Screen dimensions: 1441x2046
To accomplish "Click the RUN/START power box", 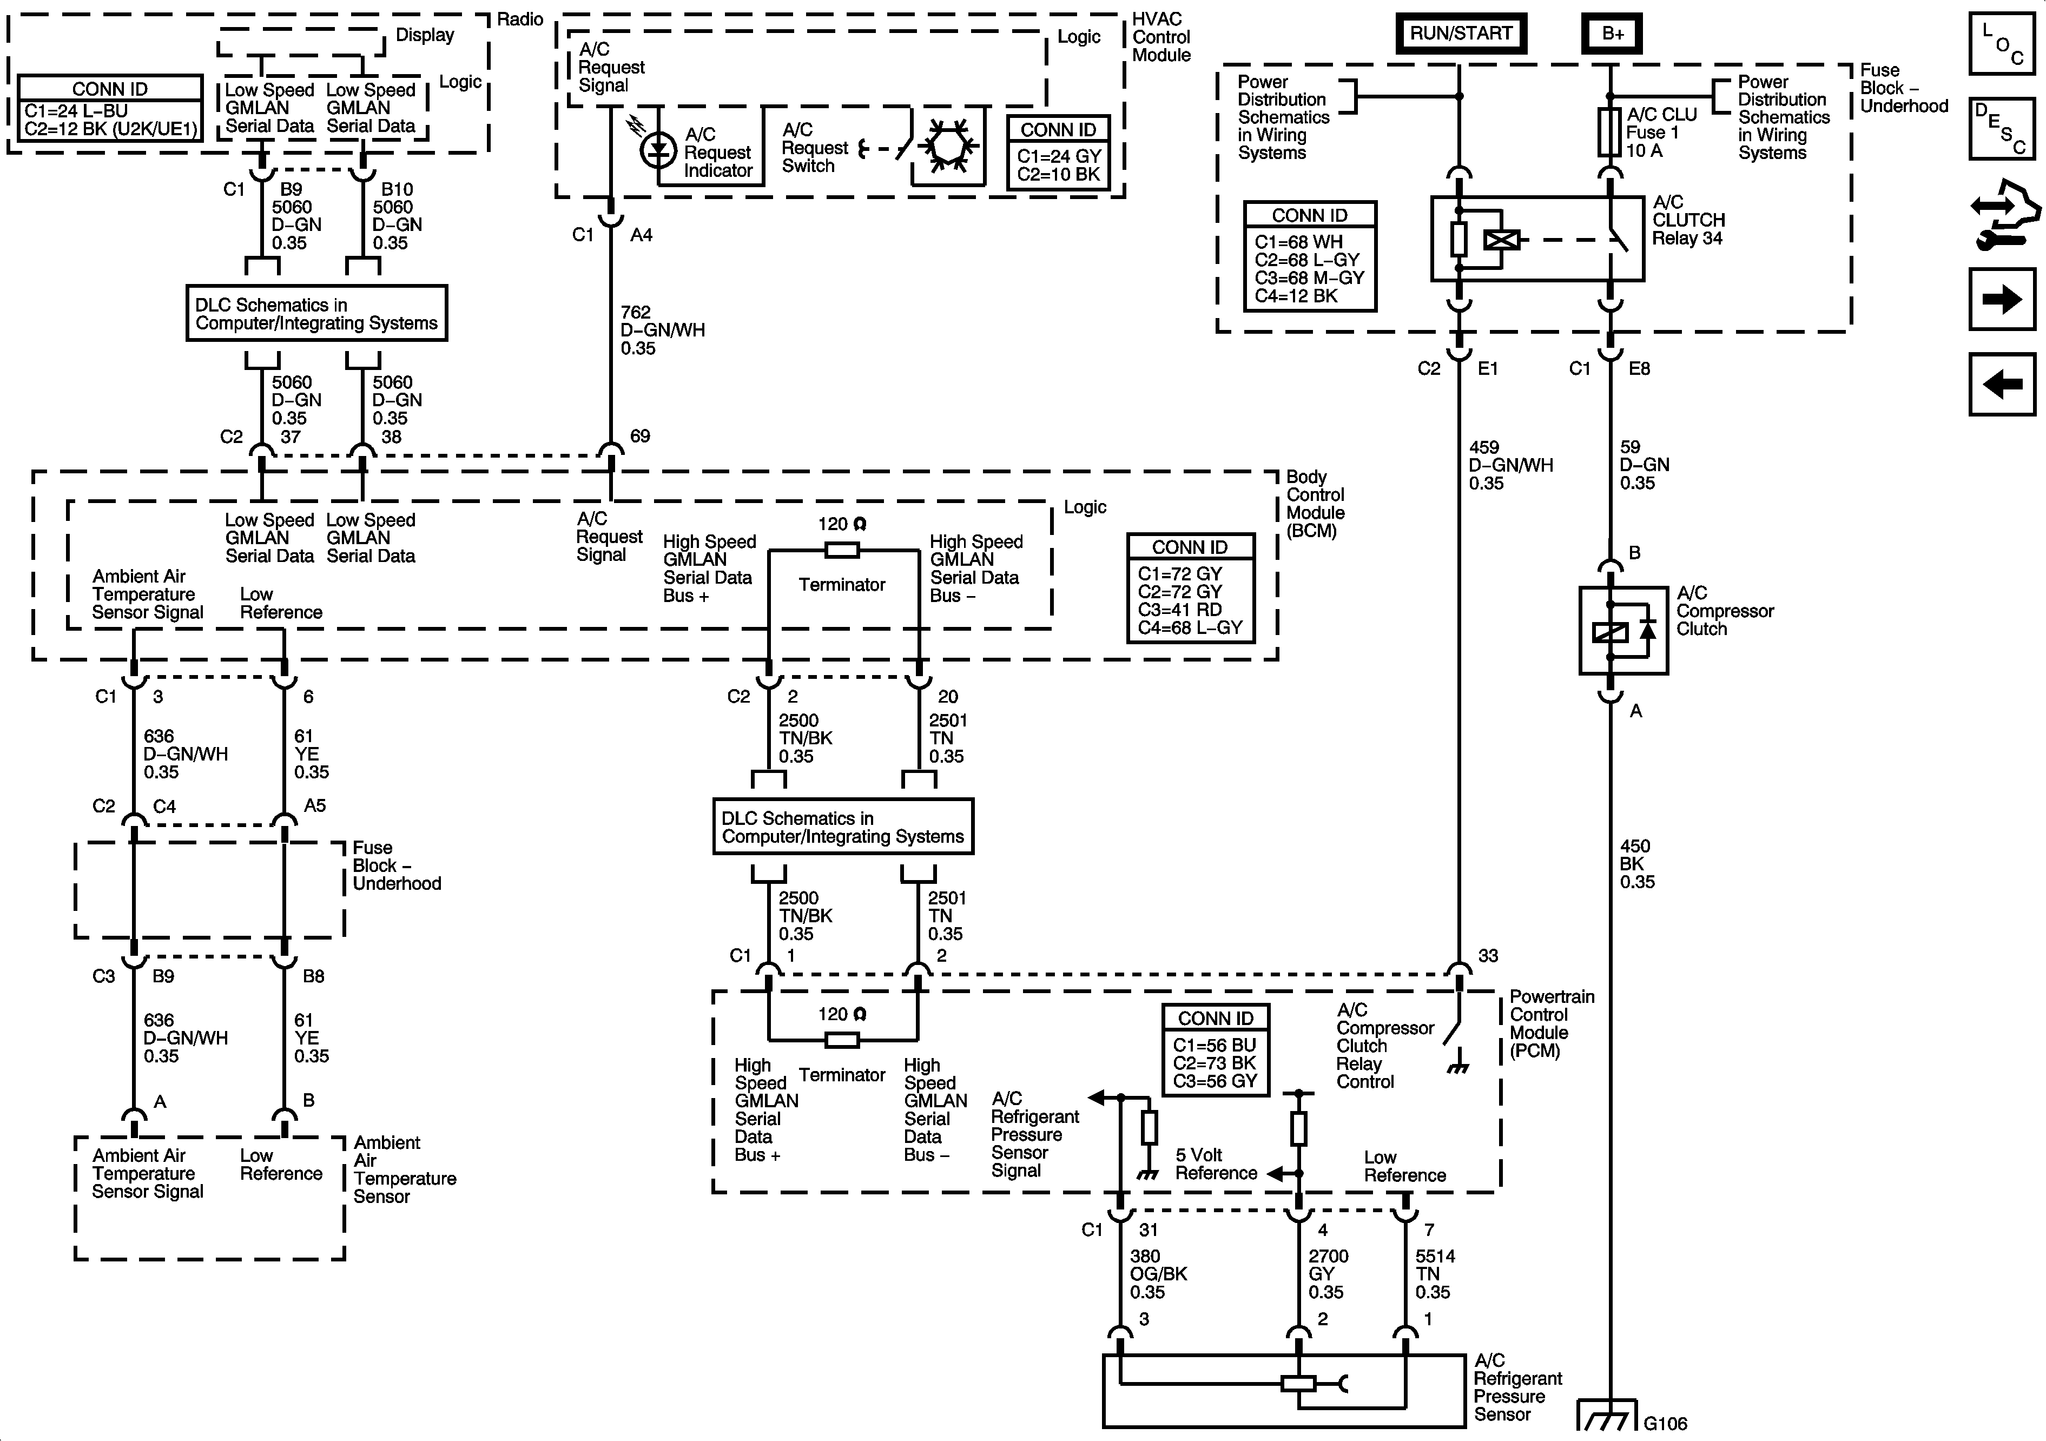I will click(1461, 34).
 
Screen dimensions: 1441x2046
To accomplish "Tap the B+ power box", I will click(1612, 34).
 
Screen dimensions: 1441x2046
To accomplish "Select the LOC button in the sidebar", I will click(2002, 43).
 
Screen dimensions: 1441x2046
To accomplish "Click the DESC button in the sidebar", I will click(2002, 128).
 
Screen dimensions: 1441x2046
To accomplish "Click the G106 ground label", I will click(1665, 1423).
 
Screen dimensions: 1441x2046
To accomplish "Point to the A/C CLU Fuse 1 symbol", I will click(1609, 132).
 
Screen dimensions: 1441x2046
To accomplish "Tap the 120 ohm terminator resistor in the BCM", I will click(842, 551).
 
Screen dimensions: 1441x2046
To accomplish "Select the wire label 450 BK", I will click(1636, 863).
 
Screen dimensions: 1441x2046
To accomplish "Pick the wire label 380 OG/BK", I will click(1158, 1273).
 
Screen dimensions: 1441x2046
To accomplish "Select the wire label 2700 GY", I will click(1328, 1273).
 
